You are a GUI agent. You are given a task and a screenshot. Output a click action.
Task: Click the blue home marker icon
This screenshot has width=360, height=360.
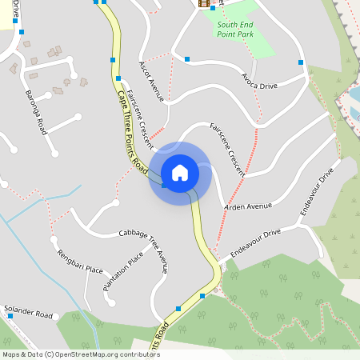(179, 173)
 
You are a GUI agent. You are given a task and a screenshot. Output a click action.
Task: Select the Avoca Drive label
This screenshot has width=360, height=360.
(259, 82)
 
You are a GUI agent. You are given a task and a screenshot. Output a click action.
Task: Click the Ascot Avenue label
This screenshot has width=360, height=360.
(150, 81)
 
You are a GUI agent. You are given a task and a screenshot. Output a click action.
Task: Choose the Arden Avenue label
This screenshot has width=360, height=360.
(248, 206)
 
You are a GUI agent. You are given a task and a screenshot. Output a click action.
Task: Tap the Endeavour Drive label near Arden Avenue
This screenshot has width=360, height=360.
(315, 194)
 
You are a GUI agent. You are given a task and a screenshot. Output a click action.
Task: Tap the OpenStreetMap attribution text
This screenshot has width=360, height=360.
(81, 354)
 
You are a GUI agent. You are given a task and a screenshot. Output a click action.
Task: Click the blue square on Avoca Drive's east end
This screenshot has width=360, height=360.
(301, 62)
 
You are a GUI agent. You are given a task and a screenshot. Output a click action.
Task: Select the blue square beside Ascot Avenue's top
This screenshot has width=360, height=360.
(186, 59)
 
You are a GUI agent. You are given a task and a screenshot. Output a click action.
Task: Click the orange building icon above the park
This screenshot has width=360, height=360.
(203, 3)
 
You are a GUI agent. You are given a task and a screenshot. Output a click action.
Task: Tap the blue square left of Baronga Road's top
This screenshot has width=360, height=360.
(22, 32)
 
